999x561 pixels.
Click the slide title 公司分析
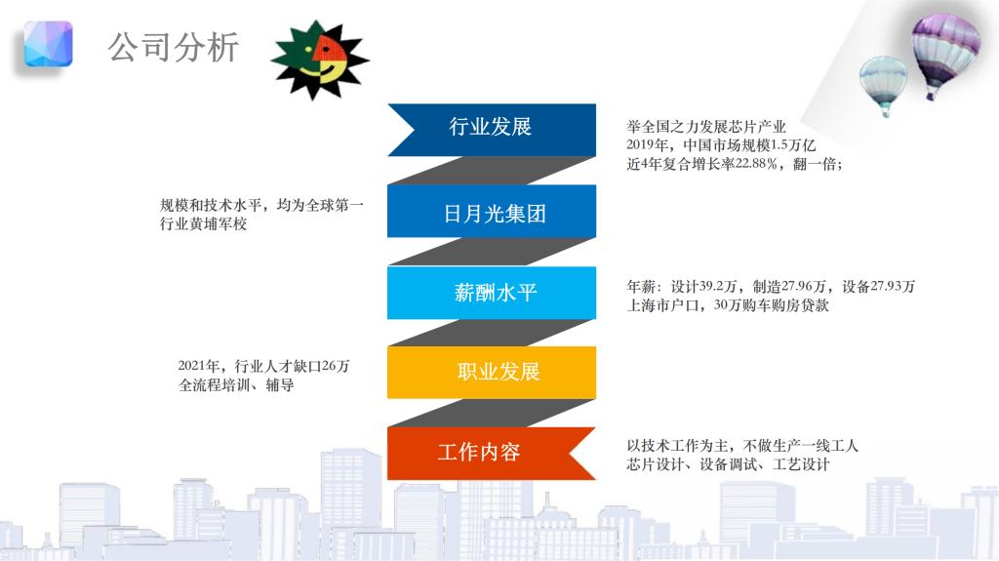(174, 47)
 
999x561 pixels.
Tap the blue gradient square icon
(49, 43)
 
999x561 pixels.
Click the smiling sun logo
(320, 60)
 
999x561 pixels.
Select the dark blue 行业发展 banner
(492, 130)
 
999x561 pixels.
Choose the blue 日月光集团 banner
(492, 211)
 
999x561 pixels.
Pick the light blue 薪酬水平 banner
(492, 293)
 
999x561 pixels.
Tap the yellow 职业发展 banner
(492, 373)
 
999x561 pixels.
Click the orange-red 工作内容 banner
(492, 454)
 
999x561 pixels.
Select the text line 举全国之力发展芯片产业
(706, 126)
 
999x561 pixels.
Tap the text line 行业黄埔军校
(203, 223)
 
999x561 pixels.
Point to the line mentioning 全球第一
(261, 205)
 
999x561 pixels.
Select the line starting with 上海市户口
(728, 305)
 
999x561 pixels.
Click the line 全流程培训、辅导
(236, 385)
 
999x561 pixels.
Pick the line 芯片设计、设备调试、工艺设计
(728, 464)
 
